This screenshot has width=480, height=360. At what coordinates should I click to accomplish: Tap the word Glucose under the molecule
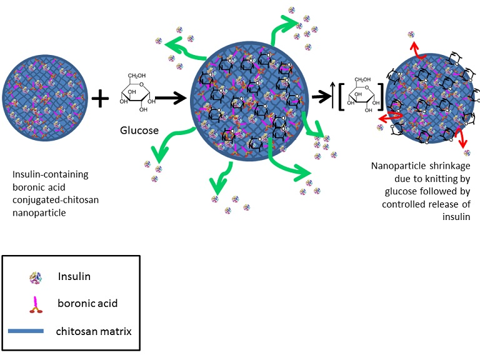[139, 130]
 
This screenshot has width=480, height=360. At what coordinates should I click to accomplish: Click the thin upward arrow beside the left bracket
[332, 97]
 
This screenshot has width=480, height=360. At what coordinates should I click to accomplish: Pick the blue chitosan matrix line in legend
[26, 331]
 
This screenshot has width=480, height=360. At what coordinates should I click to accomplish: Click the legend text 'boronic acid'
[87, 304]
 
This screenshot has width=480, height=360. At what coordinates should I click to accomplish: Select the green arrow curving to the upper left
[187, 51]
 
